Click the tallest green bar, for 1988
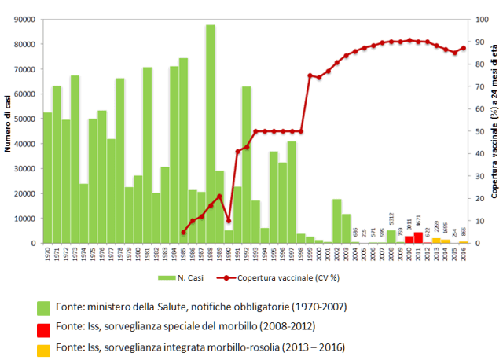211,134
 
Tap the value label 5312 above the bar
391,217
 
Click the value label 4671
418,222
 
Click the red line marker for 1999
310,75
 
